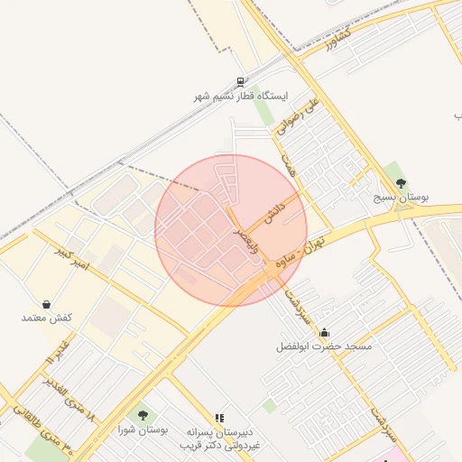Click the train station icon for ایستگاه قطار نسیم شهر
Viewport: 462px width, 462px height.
(x=239, y=81)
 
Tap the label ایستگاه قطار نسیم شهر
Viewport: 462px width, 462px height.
(x=239, y=96)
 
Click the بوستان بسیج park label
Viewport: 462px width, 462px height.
(x=402, y=196)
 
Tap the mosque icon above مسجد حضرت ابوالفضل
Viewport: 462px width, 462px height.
(x=324, y=333)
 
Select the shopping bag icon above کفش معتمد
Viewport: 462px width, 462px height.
(x=46, y=305)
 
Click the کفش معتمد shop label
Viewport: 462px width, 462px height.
(x=46, y=319)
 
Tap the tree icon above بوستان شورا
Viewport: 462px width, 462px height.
(x=143, y=416)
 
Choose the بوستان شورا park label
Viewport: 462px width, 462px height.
(x=143, y=430)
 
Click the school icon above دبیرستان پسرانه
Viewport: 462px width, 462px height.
(x=218, y=418)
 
